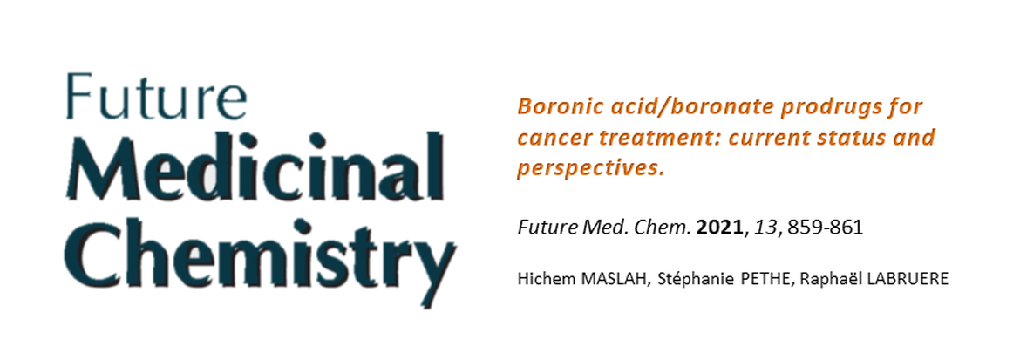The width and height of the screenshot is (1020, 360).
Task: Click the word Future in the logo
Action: (156, 96)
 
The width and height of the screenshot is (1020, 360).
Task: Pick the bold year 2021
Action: (719, 228)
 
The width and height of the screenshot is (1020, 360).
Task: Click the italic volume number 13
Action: (765, 228)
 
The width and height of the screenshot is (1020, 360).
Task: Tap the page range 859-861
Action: (824, 228)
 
